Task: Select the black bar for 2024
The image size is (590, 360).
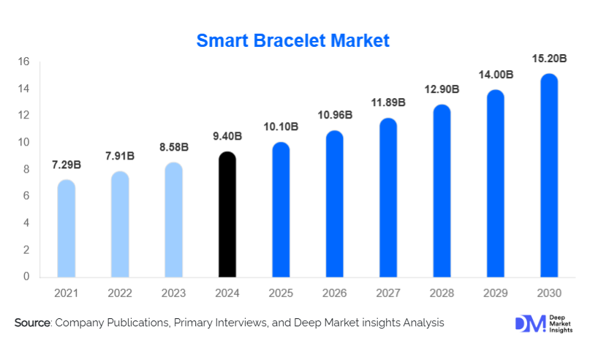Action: point(228,216)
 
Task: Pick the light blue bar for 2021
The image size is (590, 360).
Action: point(67,229)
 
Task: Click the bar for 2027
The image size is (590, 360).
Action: point(388,198)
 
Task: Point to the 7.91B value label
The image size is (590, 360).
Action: point(120,156)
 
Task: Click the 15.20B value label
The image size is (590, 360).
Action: point(548,58)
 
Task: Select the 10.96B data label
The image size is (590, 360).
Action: point(335,115)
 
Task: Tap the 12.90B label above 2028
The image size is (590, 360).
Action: point(442,89)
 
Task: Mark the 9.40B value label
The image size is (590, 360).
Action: point(227,136)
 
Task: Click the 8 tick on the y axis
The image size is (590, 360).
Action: point(26,169)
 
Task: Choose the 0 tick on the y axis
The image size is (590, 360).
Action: point(26,277)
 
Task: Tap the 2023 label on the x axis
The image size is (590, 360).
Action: point(174,293)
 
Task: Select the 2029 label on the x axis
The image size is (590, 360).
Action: point(495,293)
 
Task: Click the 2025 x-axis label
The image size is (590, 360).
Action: point(281,293)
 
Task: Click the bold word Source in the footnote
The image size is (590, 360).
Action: point(31,323)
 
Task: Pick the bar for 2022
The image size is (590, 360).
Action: point(120,225)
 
